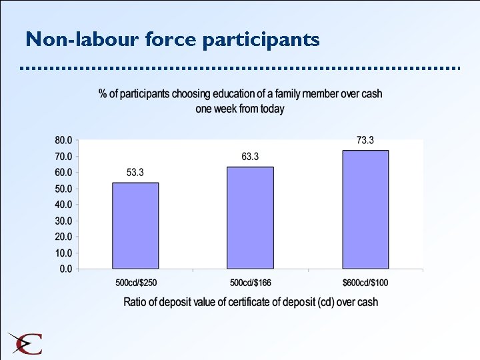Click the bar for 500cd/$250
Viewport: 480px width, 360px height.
135,225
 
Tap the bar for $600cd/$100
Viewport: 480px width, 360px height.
365,209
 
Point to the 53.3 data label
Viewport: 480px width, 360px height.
135,173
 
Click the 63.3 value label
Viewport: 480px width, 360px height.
250,157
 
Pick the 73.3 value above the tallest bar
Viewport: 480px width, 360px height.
365,140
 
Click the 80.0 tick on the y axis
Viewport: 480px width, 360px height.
64,141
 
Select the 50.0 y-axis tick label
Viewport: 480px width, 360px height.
64,189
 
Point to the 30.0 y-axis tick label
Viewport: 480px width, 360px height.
64,221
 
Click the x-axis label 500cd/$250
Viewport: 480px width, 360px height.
136,283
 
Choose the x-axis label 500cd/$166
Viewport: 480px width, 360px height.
250,283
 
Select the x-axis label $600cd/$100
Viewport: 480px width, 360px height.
365,283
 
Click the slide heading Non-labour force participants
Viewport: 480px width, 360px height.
173,40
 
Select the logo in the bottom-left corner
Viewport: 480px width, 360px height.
25,343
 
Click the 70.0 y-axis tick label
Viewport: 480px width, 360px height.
64,157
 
